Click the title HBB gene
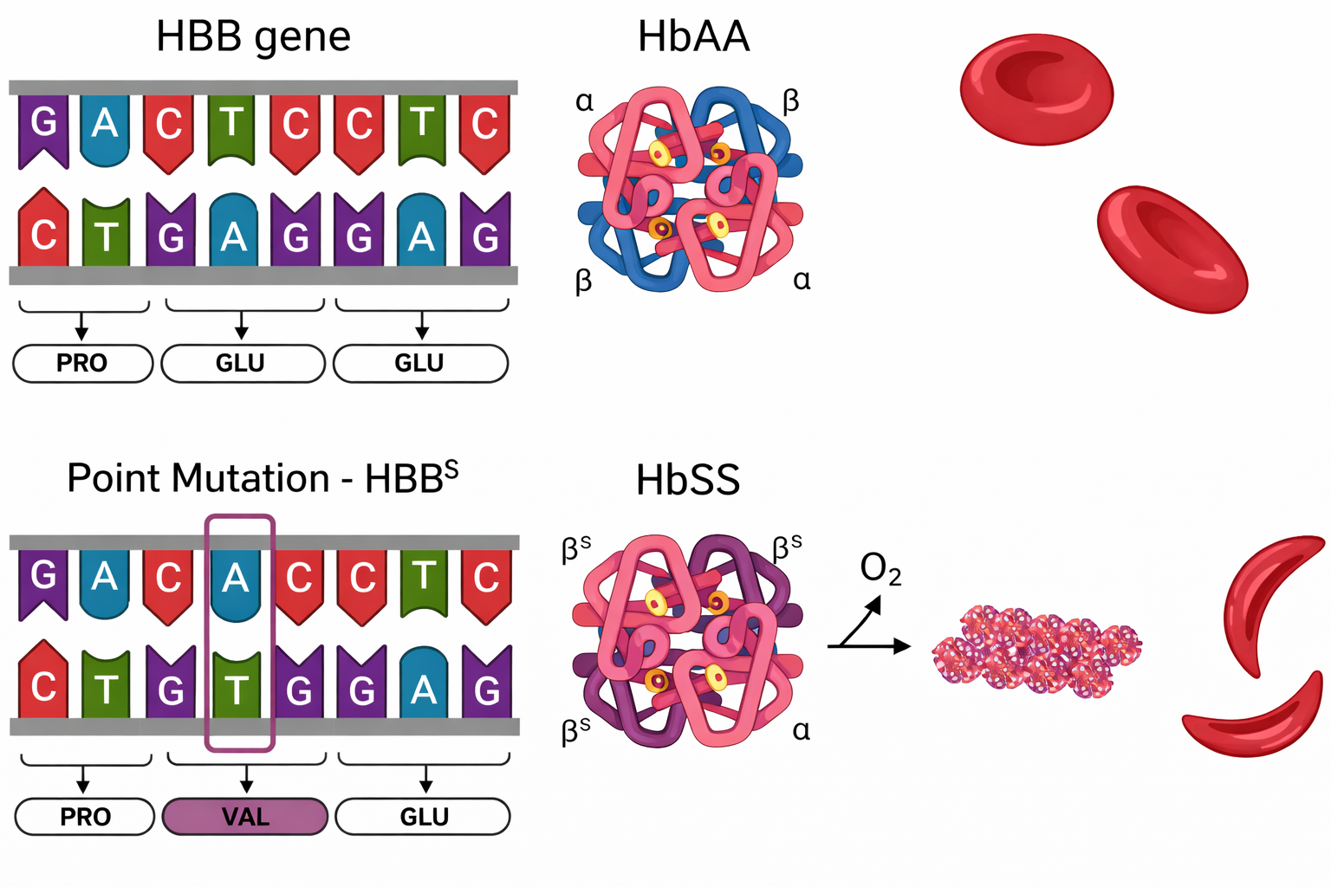[253, 37]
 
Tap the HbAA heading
[693, 37]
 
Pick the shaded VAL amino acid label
[245, 816]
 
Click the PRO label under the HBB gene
[82, 363]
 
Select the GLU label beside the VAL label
[423, 816]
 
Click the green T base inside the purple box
[236, 690]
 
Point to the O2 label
[880, 569]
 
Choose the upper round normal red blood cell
[1036, 88]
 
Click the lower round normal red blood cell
[1172, 248]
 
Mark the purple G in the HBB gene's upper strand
[43, 125]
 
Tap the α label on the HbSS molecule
[802, 730]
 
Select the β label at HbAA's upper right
[790, 102]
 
